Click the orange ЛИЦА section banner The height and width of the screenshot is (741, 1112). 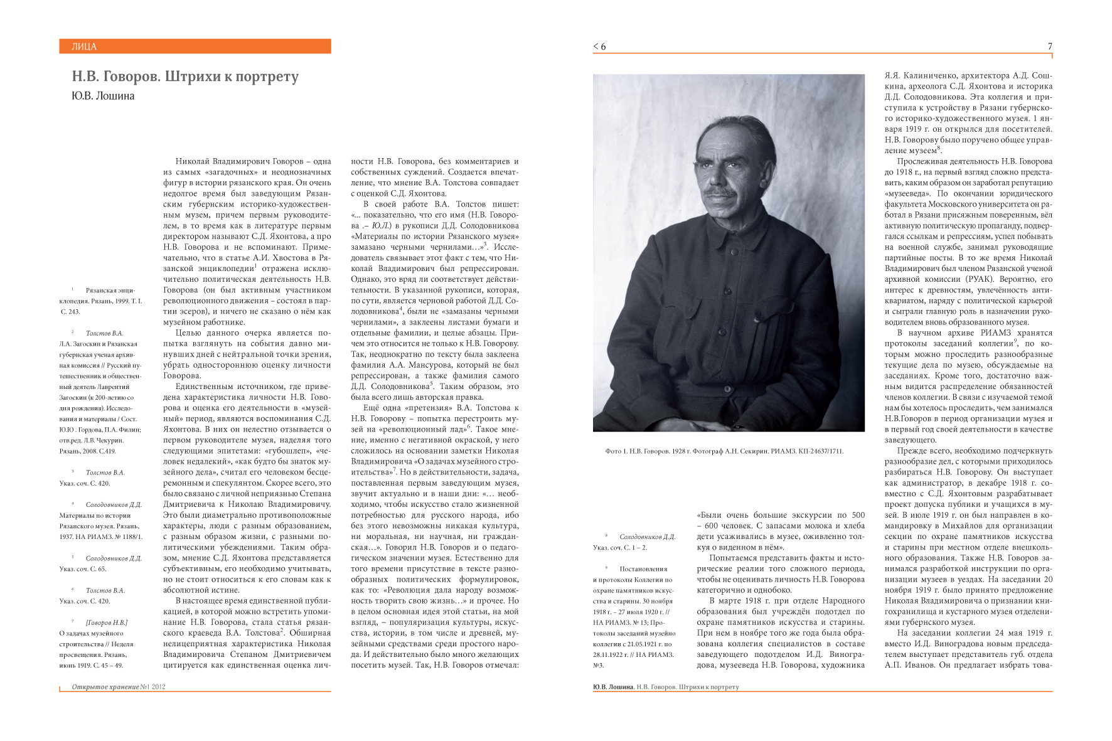pyautogui.click(x=195, y=46)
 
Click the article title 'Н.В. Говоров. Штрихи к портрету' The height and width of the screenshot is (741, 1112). pyautogui.click(x=185, y=77)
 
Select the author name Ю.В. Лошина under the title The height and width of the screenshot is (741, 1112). pyautogui.click(x=103, y=96)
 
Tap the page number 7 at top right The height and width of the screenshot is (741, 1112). pyautogui.click(x=1050, y=46)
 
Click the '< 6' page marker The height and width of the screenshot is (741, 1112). pyautogui.click(x=599, y=46)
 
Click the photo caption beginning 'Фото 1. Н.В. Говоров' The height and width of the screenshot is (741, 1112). pyautogui.click(x=724, y=451)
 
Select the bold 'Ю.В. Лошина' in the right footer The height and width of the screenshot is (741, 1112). pyautogui.click(x=613, y=687)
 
